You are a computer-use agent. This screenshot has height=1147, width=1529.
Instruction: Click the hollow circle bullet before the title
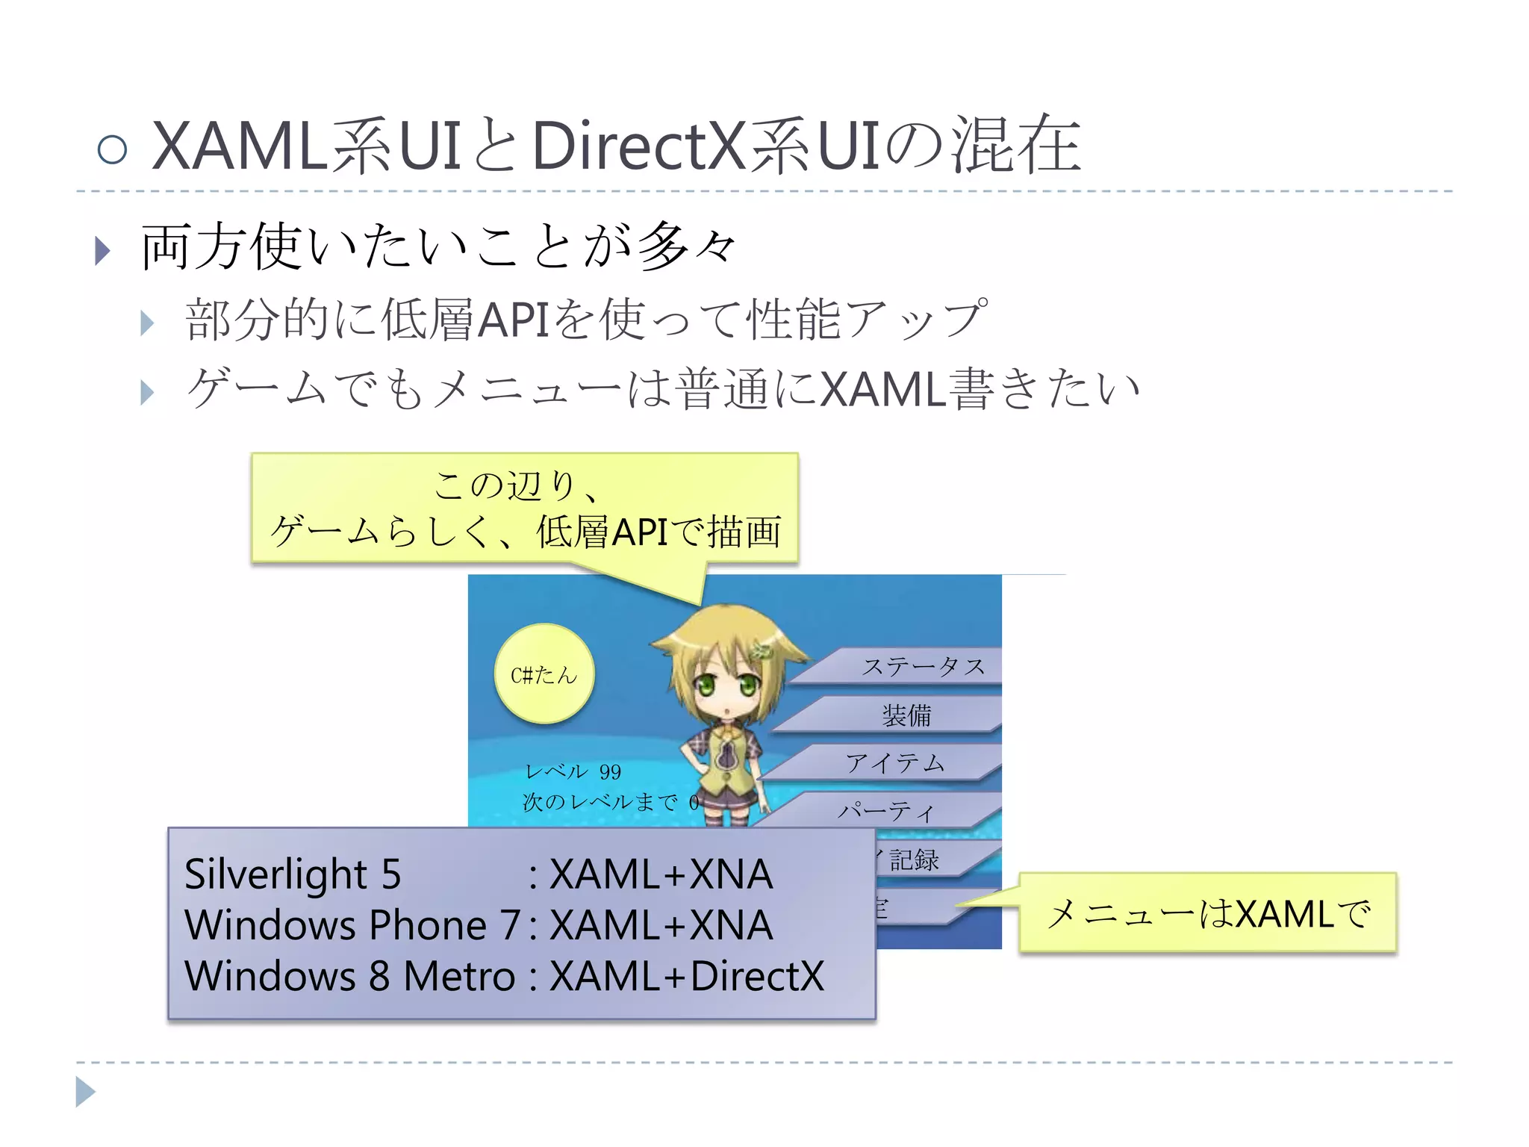[x=112, y=149]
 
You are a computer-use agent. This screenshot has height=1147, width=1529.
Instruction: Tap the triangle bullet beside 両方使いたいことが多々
[x=103, y=251]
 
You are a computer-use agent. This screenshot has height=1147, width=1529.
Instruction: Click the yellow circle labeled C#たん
[x=544, y=674]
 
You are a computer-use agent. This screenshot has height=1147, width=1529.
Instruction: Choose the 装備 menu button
[x=906, y=715]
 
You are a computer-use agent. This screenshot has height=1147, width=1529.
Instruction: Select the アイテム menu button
[x=894, y=762]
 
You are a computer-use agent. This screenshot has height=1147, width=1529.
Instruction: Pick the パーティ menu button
[x=885, y=810]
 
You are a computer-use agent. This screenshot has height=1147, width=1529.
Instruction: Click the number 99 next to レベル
[x=610, y=771]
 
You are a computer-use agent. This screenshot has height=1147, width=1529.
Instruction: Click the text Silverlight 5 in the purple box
[x=293, y=874]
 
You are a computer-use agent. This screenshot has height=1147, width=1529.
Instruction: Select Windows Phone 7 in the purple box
[x=352, y=925]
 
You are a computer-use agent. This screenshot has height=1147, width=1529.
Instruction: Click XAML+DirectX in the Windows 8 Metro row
[x=686, y=976]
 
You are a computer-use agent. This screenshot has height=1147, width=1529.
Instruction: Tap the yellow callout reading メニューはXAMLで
[x=1207, y=913]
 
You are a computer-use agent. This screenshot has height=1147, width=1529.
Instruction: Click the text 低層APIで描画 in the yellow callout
[x=658, y=532]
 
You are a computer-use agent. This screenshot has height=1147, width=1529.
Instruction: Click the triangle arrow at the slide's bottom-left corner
[x=85, y=1092]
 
